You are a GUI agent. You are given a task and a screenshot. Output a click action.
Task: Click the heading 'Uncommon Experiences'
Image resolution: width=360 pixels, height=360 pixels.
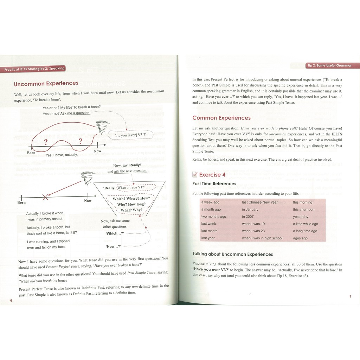46,84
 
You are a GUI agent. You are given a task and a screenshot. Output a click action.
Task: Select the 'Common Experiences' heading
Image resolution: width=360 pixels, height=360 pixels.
221,118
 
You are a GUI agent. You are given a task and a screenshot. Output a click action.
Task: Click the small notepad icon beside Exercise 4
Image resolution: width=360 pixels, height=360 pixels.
195,175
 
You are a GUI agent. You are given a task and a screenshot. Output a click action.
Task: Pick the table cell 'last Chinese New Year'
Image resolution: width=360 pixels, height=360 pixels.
259,202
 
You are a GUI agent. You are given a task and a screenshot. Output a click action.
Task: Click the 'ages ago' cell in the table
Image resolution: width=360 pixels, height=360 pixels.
300,238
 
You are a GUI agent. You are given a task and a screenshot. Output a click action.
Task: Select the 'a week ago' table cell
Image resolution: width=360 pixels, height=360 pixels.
210,202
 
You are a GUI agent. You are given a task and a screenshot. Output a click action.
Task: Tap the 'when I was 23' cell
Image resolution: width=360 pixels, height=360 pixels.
253,231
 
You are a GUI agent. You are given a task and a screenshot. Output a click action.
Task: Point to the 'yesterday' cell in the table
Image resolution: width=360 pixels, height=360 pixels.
301,217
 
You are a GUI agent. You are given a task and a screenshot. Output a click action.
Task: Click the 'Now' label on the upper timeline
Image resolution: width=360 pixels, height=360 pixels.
97,151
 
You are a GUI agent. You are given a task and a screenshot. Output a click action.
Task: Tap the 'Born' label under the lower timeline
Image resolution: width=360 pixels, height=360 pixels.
21,202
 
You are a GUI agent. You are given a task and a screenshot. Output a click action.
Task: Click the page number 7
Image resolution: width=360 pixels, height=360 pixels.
350,297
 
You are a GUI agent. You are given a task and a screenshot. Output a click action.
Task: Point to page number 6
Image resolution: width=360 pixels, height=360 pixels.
11,301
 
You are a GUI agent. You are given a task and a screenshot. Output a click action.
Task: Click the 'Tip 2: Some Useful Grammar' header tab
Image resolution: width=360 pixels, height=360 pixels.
329,65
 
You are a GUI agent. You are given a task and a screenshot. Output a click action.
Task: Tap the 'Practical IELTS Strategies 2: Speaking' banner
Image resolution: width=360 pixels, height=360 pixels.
34,69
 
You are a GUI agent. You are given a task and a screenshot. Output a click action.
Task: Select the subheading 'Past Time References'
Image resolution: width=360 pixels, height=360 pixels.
214,184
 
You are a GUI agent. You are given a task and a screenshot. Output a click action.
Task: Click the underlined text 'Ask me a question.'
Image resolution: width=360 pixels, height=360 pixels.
75,113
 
